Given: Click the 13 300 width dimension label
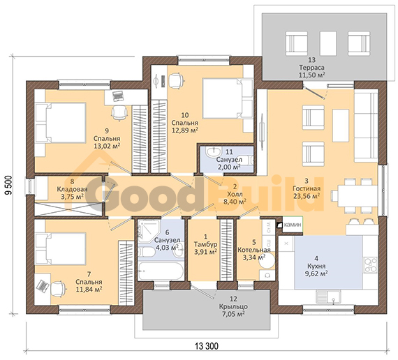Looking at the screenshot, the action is point(207,346).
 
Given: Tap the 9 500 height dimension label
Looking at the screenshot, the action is point(8,185).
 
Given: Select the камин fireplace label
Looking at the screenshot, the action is point(293,225).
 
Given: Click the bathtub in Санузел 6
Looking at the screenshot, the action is point(161,271).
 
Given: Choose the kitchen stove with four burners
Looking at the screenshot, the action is point(371,264).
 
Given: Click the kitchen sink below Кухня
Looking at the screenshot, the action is point(329,297).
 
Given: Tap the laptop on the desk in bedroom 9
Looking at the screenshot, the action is point(117,96).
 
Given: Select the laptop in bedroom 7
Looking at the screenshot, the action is point(43,285).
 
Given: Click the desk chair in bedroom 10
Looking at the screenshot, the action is point(175,81).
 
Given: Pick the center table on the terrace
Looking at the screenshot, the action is point(328,43).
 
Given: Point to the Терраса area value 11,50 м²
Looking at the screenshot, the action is point(312,75).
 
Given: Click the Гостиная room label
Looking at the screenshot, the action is point(307,188).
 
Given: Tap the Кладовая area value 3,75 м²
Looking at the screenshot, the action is point(73,197).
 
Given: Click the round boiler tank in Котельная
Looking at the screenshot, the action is point(267,260).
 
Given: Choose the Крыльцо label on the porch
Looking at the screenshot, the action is point(233,306).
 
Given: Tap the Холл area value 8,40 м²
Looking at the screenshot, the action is point(235,202).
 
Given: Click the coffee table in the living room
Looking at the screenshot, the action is point(341,126).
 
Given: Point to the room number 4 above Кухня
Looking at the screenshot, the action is point(316,259).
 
